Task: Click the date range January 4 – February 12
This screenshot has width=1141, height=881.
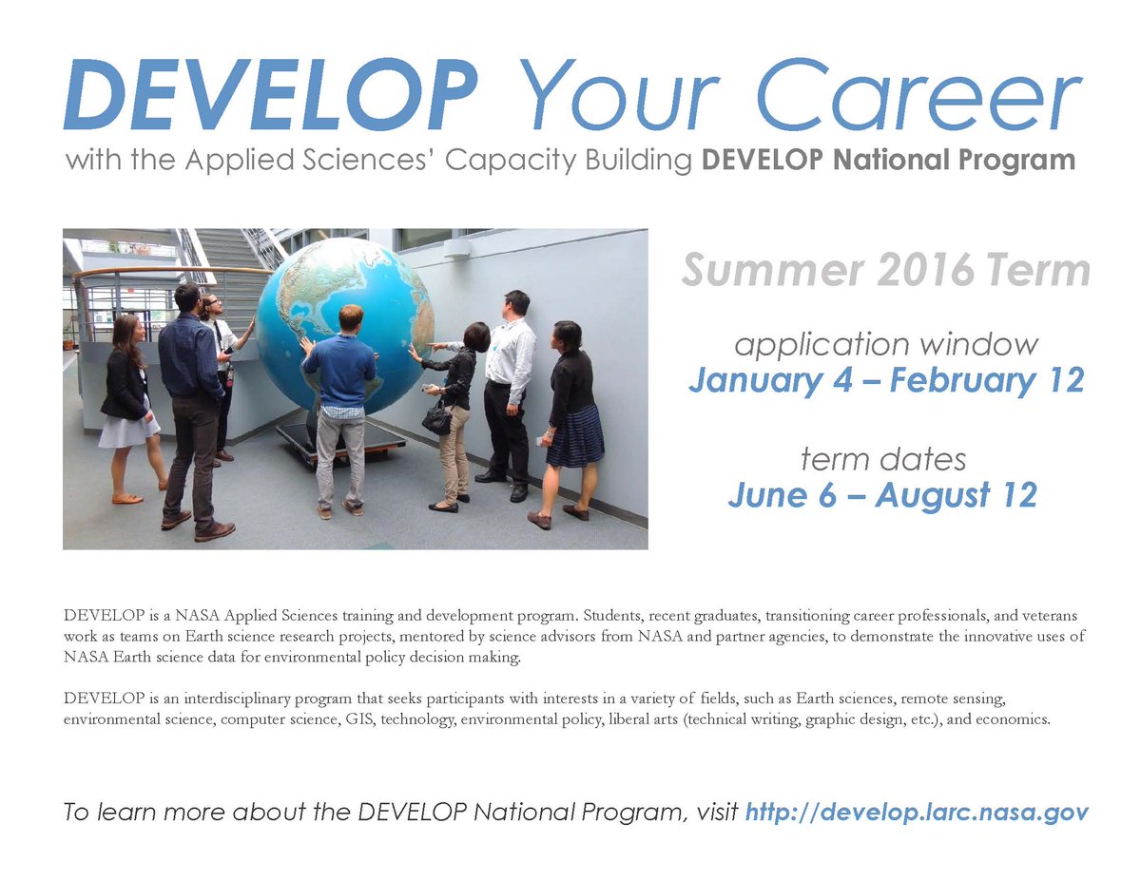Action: [885, 380]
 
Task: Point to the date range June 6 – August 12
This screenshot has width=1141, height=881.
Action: [882, 494]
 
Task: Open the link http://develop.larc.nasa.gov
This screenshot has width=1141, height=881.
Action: [917, 813]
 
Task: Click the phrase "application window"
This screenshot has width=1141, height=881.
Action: [885, 344]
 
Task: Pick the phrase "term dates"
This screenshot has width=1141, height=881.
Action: [883, 460]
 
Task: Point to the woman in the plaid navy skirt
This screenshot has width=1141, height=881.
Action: [573, 418]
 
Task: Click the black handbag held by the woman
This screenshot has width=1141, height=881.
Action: [436, 419]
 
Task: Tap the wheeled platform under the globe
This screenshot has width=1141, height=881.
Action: [340, 443]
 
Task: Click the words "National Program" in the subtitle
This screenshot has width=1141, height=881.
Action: [961, 160]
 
